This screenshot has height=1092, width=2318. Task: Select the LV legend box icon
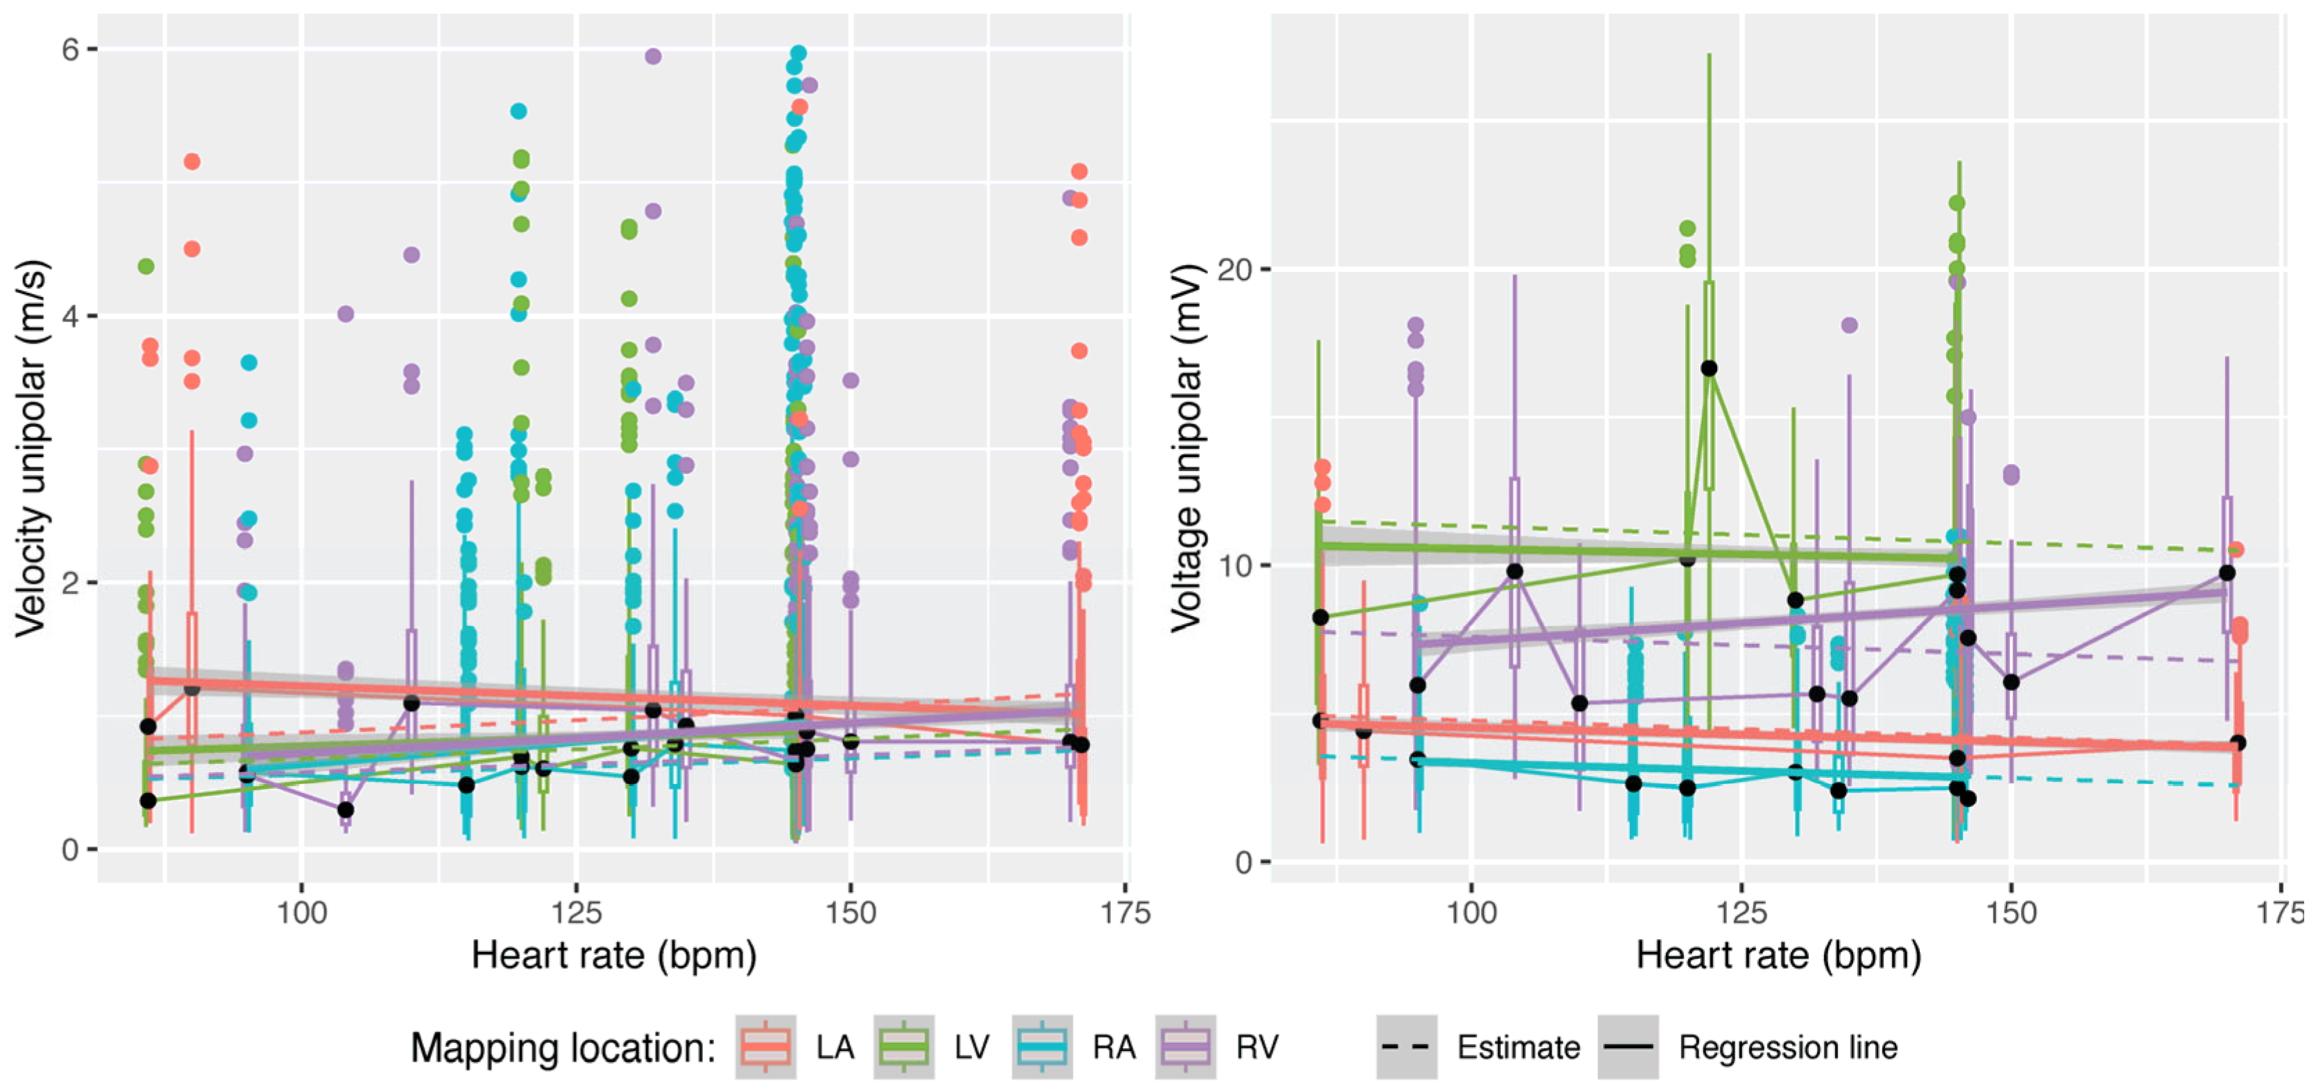[x=903, y=1047]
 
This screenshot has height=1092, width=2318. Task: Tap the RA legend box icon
[x=1042, y=1047]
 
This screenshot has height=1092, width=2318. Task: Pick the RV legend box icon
[x=1185, y=1047]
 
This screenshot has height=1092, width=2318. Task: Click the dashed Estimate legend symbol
[x=1406, y=1047]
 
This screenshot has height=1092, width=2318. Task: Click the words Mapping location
[x=563, y=1048]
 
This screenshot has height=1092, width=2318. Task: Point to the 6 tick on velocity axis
[x=70, y=49]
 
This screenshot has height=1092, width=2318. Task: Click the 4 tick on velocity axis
[x=70, y=316]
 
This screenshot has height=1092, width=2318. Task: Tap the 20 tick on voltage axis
[x=1234, y=269]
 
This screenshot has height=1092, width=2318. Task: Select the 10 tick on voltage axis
[x=1234, y=566]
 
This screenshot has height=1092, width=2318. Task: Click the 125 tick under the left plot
[x=576, y=913]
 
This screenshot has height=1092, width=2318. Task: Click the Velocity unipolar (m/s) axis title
[x=31, y=450]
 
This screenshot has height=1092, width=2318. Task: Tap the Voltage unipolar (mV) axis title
[x=1186, y=450]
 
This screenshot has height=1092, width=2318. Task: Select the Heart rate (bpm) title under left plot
[x=614, y=955]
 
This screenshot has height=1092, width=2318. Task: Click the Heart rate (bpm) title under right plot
[x=1778, y=955]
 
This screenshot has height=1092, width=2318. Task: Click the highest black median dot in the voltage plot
[x=1709, y=368]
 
